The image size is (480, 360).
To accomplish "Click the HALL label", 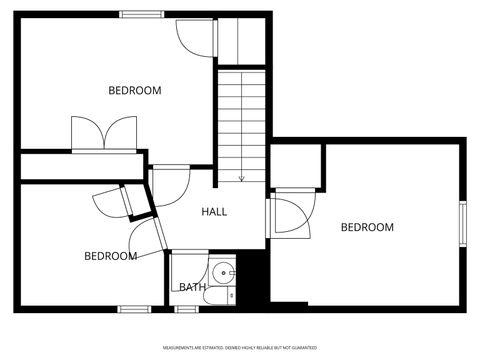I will pos(214,212).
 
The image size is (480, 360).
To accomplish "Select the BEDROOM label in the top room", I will pos(135,91).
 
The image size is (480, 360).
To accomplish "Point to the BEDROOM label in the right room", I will pos(367,228).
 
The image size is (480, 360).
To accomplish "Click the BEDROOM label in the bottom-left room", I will pos(110,257).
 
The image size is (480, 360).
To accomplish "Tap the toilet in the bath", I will pos(228,295).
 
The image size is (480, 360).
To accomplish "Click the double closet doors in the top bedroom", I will pos(103,134).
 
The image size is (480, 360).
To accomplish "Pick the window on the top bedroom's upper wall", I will pos(142,14).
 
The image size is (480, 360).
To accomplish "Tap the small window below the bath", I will pos(187,309).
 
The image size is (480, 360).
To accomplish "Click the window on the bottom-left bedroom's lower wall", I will pos(133,309).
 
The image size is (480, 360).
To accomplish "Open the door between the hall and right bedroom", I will pos(290,215).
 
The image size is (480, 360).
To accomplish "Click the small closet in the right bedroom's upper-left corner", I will pos(297,164).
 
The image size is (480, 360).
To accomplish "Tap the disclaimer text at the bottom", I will pos(240,347).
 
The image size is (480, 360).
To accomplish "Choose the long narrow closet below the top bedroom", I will pos(80,166).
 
